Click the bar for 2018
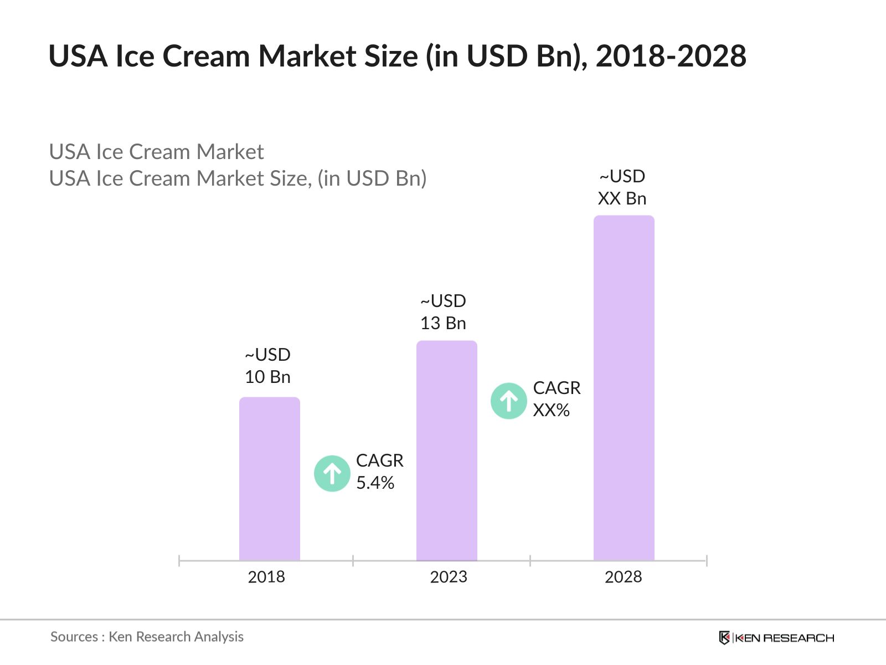click(x=269, y=479)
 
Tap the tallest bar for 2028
click(x=624, y=388)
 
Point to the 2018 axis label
click(x=266, y=577)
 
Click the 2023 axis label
click(x=449, y=577)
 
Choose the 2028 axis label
click(x=623, y=577)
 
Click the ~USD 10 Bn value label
click(x=267, y=366)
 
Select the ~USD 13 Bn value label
click(x=443, y=312)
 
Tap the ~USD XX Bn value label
click(x=622, y=187)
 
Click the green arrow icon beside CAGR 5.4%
click(x=332, y=473)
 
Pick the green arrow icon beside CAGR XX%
click(x=508, y=401)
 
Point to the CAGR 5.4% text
click(x=379, y=472)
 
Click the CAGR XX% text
click(x=557, y=399)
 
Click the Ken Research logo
click(x=776, y=638)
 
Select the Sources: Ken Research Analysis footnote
click(x=147, y=637)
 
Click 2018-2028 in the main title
click(x=671, y=56)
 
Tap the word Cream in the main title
click(x=206, y=56)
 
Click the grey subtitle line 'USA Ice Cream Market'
click(x=156, y=152)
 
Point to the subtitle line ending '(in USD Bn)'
click(x=238, y=178)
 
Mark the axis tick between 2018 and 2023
click(x=353, y=561)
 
